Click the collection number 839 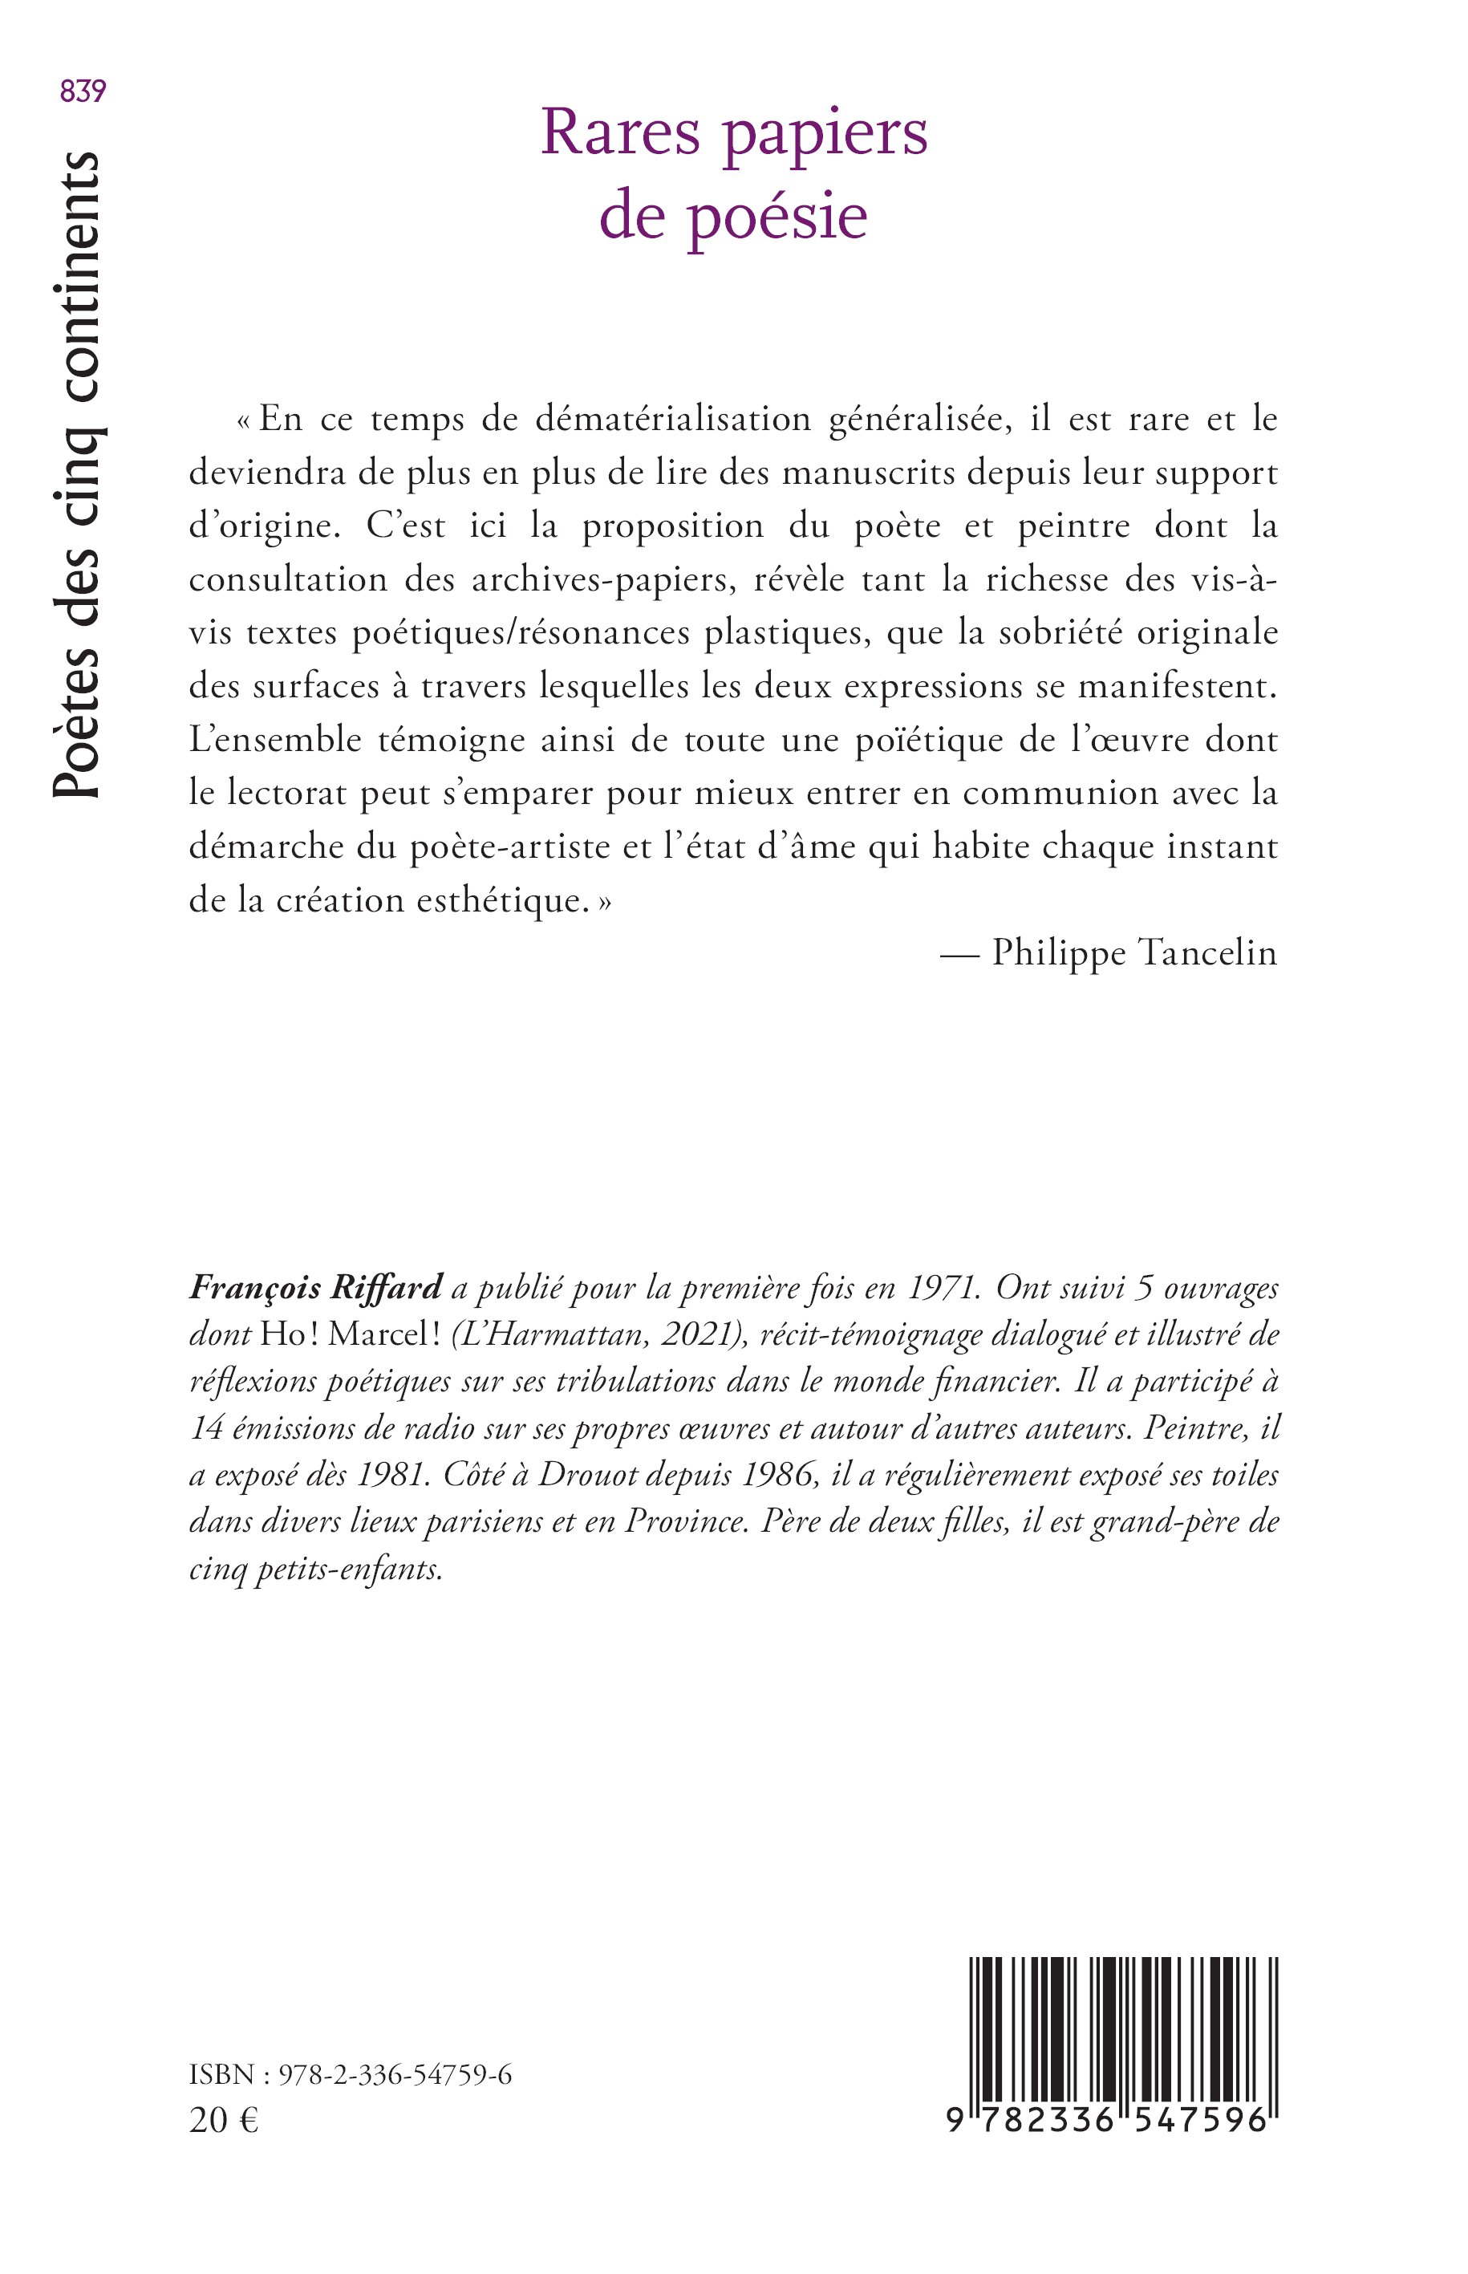[x=82, y=91]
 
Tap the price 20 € [x=224, y=2121]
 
